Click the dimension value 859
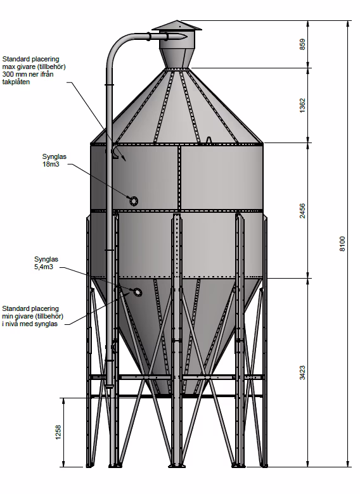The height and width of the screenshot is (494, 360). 302,44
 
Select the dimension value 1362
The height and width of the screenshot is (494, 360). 302,106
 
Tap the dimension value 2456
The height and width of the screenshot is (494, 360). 302,211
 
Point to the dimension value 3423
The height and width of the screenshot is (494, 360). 302,372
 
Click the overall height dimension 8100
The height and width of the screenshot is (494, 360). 342,244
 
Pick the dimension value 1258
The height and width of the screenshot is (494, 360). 58,432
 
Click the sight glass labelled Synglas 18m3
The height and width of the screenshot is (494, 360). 133,200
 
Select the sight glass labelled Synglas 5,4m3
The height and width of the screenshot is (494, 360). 138,292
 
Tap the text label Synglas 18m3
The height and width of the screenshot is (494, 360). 55,160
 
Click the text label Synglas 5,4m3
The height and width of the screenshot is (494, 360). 46,263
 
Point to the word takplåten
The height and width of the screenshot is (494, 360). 16,82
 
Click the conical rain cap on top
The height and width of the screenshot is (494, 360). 177,25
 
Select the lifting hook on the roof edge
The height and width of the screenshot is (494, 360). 209,140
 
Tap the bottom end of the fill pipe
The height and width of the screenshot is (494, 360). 110,386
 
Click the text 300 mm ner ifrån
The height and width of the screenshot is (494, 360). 28,74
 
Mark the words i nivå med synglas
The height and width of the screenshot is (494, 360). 30,324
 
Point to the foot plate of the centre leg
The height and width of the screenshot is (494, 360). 176,465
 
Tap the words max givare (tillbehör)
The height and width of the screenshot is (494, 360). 34,66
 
